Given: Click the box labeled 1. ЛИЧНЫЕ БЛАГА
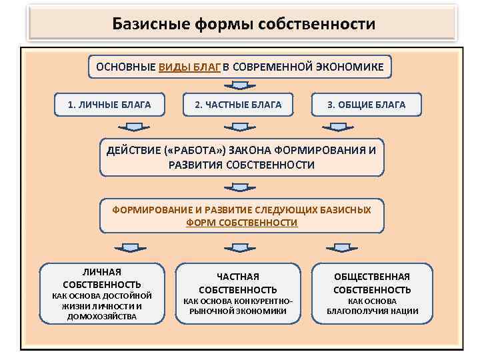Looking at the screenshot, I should [x=109, y=104].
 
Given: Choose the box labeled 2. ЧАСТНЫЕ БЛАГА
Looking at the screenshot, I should [x=238, y=104].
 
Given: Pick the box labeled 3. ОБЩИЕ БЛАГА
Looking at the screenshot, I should [x=366, y=104].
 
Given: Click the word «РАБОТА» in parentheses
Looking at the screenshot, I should [x=198, y=150].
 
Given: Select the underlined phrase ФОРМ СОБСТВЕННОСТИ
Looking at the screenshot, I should [x=242, y=223].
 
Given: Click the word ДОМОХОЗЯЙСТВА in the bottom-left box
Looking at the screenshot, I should [x=102, y=317].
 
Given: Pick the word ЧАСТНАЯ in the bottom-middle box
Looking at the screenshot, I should [x=238, y=276].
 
